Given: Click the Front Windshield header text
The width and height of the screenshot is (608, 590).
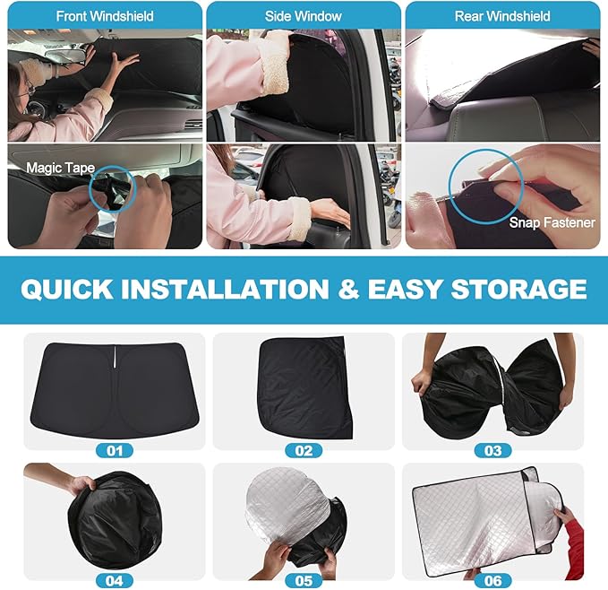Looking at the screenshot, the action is (105, 16).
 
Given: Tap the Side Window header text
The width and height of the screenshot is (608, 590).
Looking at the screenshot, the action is (304, 16).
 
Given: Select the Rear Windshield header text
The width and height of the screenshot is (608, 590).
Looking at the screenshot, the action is (502, 16).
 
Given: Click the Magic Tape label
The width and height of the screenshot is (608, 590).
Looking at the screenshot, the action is (61, 168).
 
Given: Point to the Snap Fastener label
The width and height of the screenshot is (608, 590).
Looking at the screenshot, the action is (552, 222).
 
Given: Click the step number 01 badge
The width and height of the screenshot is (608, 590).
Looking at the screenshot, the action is (115, 451).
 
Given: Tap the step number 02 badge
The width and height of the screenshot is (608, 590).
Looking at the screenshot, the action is (304, 451).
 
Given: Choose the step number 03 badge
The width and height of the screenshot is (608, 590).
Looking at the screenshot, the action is (492, 451).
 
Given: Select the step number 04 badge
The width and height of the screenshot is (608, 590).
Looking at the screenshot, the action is (115, 581).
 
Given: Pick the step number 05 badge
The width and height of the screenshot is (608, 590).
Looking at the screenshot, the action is (304, 581).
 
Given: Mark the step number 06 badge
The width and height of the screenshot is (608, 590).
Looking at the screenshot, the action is (492, 581).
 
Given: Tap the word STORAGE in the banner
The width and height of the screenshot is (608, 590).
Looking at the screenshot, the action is (518, 290).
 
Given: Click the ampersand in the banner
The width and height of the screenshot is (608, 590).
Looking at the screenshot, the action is (348, 290).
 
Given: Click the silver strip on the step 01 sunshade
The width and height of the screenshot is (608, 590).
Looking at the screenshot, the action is (116, 359).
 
